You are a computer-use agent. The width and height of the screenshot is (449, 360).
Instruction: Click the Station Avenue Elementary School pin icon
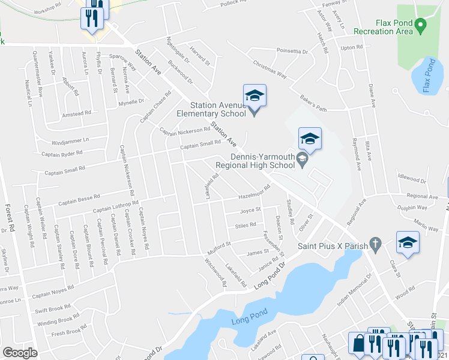[x=255, y=97]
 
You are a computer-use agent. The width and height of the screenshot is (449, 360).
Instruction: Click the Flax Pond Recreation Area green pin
[x=421, y=25]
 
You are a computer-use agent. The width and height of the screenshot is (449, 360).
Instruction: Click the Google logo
[x=20, y=353]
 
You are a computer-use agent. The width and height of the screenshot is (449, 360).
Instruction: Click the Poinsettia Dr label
[x=291, y=52]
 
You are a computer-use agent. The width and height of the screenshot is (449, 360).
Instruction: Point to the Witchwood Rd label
[x=214, y=272]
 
